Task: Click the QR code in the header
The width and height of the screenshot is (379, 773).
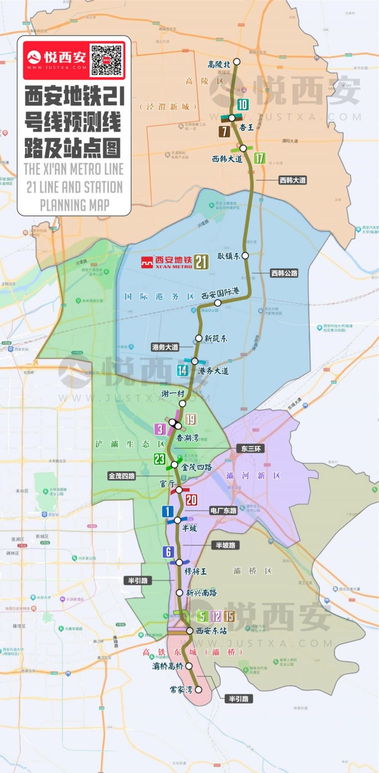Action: pos(106,59)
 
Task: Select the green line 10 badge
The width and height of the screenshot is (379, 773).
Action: pos(243,104)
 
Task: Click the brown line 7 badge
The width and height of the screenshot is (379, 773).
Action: pos(225,131)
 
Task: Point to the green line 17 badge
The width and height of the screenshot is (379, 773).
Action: pos(260,157)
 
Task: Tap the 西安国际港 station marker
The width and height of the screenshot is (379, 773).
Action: pos(218,303)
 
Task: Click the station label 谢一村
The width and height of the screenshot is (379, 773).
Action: pos(172,393)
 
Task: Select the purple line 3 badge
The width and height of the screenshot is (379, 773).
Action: pos(161,429)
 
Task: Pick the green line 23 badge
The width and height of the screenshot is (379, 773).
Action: pos(159,459)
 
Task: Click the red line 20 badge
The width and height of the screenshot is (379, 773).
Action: pos(191,500)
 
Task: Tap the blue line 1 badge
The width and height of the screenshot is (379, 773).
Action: pos(168,511)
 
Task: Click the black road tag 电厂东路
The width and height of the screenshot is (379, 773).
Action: pos(224,511)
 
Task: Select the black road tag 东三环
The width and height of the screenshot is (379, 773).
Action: pos(251,448)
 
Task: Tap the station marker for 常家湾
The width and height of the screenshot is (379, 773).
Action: pos(199,689)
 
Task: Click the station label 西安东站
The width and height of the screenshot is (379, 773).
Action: pos(211,631)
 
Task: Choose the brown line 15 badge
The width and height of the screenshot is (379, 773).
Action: pos(229,616)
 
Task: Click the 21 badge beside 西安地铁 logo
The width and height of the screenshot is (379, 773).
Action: pos(201,262)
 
